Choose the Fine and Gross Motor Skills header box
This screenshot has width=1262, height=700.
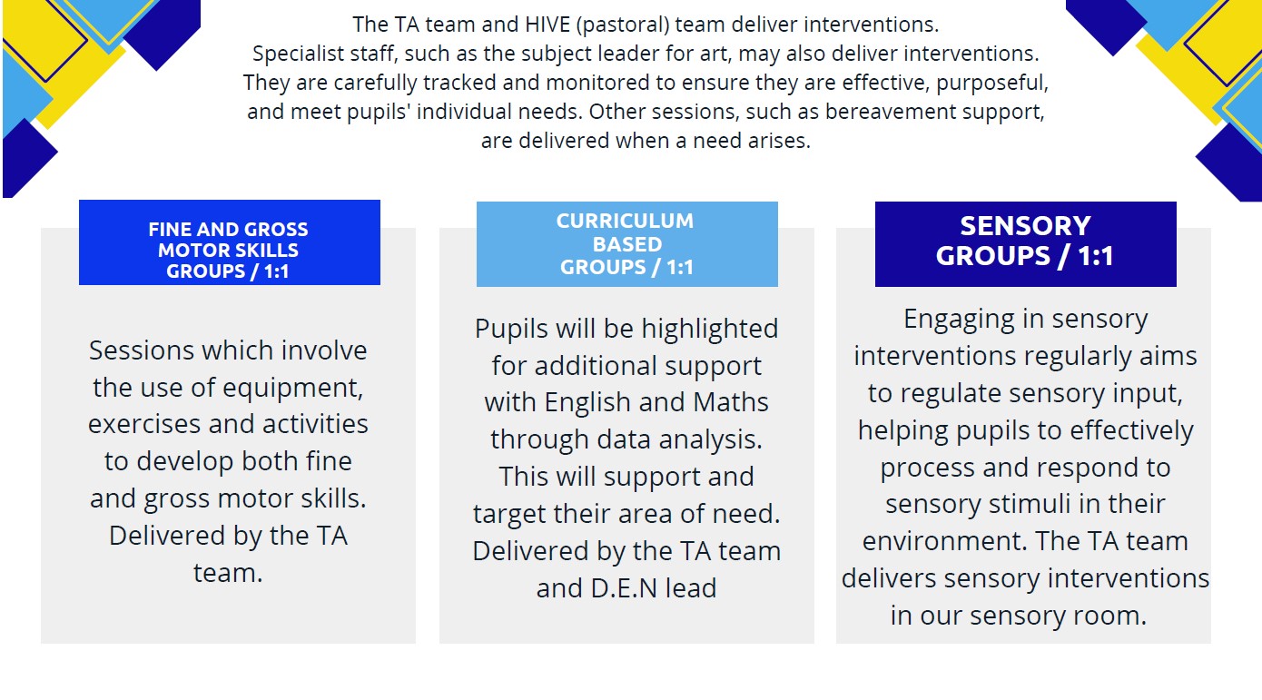[230, 242]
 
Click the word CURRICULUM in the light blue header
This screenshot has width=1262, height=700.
[625, 221]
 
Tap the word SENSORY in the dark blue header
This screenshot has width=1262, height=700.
[1025, 226]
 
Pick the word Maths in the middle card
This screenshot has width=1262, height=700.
[731, 402]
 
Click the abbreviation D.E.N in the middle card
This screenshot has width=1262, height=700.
[624, 588]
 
